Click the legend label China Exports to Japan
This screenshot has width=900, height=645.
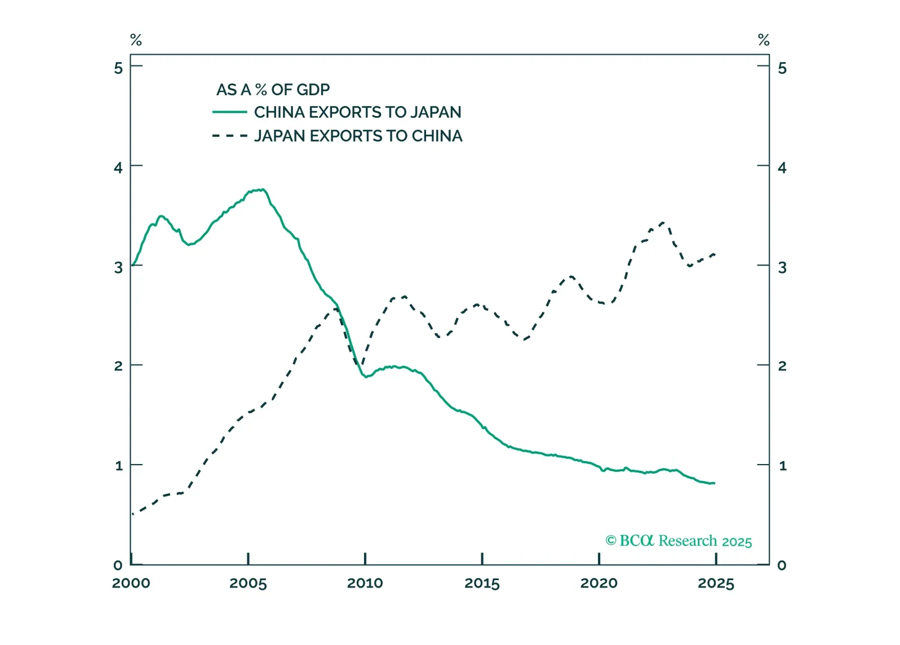tap(357, 112)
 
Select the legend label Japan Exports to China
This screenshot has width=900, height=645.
tap(358, 136)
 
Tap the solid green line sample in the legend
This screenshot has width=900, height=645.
tap(229, 112)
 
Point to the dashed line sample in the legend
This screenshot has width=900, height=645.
tap(229, 136)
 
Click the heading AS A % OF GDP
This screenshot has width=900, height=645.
tap(273, 90)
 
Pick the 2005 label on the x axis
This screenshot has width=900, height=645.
tap(248, 583)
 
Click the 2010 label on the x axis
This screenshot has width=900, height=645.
tap(365, 583)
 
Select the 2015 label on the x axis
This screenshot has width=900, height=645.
tap(482, 583)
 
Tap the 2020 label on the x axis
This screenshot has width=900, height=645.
tap(599, 583)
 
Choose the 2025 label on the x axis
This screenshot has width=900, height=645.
tap(716, 583)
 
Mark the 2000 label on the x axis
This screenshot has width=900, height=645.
tap(131, 583)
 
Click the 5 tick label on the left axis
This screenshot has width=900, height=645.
tap(118, 68)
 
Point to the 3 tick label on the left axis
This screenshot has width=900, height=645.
tap(118, 267)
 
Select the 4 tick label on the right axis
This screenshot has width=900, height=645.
tap(782, 167)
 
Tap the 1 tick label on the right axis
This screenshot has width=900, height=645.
tap(782, 466)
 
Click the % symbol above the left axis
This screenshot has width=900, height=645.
tap(136, 40)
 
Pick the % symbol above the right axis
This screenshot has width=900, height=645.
tap(764, 40)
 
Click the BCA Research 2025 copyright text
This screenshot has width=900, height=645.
tap(679, 541)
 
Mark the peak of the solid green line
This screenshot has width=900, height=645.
tap(263, 189)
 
